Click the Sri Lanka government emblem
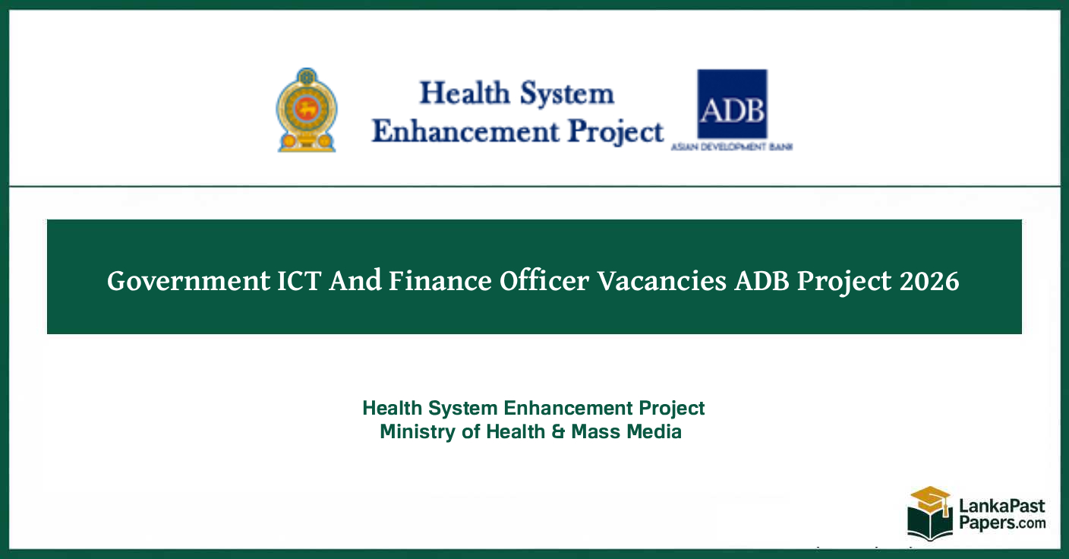point(307,110)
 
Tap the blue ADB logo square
point(732,103)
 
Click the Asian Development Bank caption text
point(732,146)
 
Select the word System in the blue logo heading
point(566,94)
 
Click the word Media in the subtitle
point(654,432)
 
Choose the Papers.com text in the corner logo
point(1001,523)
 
